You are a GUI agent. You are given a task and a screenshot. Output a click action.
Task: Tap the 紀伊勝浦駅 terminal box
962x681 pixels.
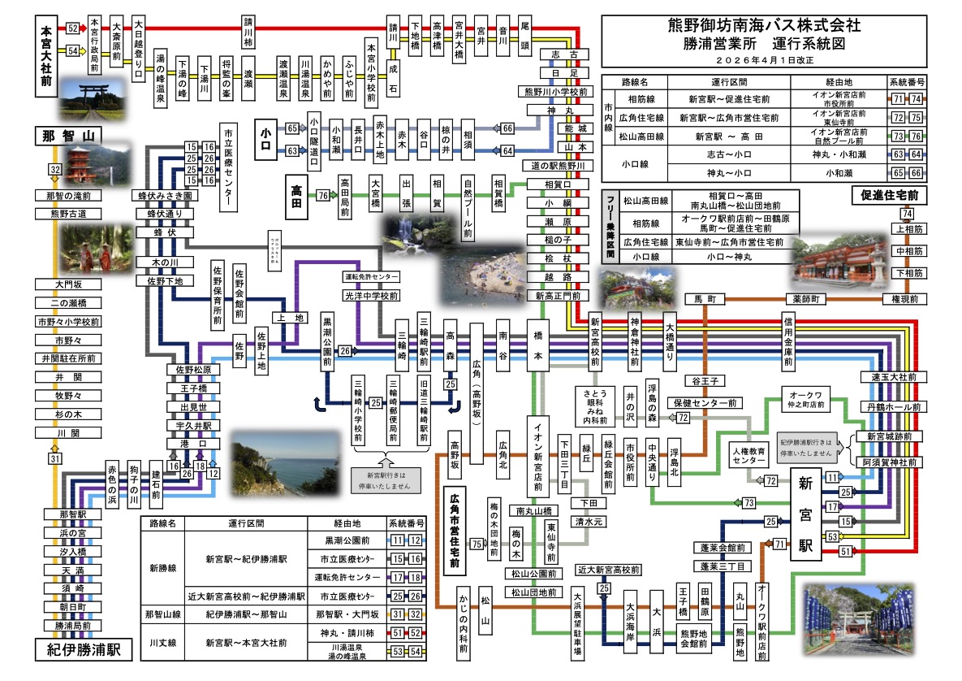coord(78,650)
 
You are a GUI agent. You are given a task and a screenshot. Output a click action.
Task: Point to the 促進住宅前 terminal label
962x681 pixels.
coord(890,195)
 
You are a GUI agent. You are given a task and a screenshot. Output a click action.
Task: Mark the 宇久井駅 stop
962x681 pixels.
coord(188,425)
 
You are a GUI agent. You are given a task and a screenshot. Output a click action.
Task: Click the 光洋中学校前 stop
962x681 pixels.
coord(372,295)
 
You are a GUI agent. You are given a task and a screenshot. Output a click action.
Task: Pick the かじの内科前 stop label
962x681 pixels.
coord(463,626)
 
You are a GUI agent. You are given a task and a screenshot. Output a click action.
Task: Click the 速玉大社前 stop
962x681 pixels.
coord(891,377)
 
